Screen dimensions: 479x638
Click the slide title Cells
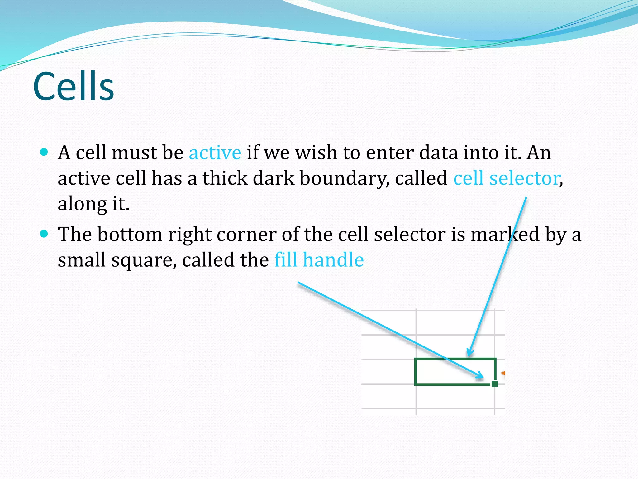pos(74,86)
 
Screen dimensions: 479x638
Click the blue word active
pos(215,153)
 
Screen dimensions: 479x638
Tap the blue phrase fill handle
pos(319,260)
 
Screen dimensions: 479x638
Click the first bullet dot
pos(44,152)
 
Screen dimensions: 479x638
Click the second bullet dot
pos(44,234)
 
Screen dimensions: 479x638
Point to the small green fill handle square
pos(494,384)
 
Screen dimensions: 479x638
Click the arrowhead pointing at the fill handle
pos(480,376)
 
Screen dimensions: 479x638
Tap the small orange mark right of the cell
pos(503,373)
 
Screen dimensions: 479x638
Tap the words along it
pos(93,204)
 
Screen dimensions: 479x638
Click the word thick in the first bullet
pos(225,179)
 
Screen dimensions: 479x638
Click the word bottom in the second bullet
pos(130,234)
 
